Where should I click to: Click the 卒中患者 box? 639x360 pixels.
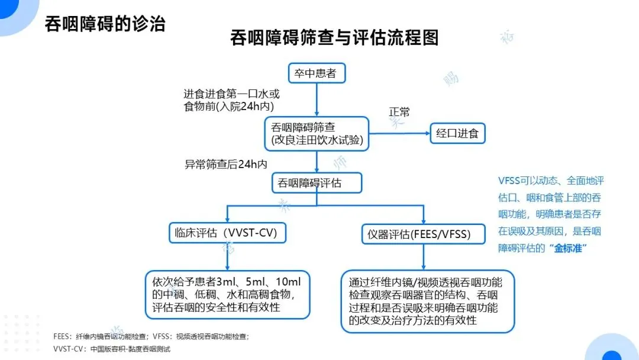tap(316, 73)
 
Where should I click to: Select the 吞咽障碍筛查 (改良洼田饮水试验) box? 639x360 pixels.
tap(317, 134)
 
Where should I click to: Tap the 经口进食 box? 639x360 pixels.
tap(457, 133)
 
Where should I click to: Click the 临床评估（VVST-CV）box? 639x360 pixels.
tap(227, 232)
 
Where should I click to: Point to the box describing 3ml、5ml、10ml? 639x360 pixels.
tap(228, 294)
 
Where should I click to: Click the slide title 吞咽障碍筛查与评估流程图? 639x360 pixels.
tap(334, 38)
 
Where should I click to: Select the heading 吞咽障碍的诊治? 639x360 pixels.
tap(105, 23)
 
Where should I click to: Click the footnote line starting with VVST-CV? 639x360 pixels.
tap(112, 349)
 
